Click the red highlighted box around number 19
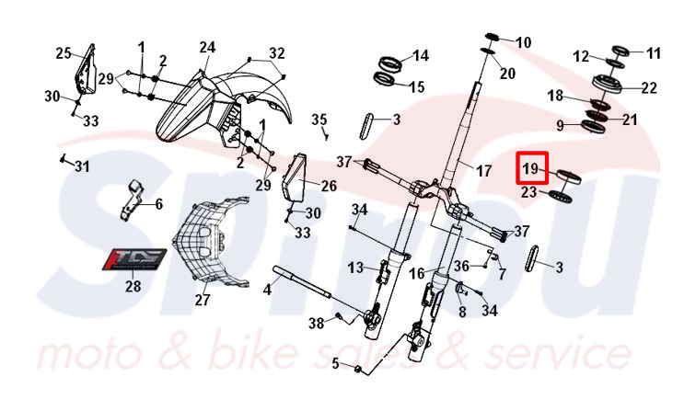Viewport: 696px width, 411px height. pos(532,169)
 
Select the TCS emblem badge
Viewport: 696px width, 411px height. pos(133,257)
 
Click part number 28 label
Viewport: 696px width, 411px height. pos(133,286)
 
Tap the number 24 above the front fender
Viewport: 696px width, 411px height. pos(207,48)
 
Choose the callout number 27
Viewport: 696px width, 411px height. pos(202,300)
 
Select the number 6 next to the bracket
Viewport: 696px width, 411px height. pos(158,204)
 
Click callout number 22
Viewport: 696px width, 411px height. pos(649,88)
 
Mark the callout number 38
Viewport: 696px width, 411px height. pos(316,324)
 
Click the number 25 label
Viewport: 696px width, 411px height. pos(64,53)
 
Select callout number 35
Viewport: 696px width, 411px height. pos(319,120)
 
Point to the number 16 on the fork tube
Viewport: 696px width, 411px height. pos(416,273)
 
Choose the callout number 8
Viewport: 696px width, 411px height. pos(461,312)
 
